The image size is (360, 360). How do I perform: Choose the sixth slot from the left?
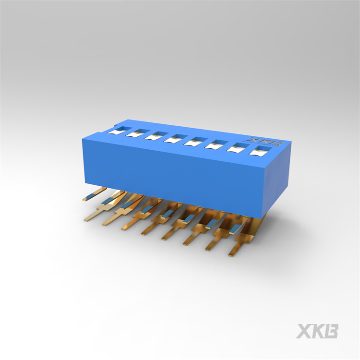pyautogui.click(x=216, y=144)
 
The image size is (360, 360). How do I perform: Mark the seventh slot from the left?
pyautogui.click(x=238, y=148)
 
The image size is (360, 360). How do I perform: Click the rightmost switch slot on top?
pyautogui.click(x=260, y=151)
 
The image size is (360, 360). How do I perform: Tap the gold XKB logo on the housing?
pyautogui.click(x=264, y=141)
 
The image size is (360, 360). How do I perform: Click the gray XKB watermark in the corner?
pyautogui.click(x=317, y=331)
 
